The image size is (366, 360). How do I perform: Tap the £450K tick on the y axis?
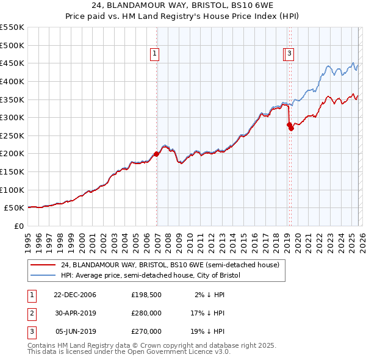click(12, 63)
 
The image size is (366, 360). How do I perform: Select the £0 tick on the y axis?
click(19, 226)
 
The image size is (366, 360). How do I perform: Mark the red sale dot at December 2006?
click(156, 154)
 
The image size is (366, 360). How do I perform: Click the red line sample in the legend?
click(43, 265)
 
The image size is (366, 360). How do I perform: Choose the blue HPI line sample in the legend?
click(43, 275)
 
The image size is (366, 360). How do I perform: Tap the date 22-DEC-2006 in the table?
click(75, 295)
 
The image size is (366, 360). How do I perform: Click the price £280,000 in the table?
click(146, 313)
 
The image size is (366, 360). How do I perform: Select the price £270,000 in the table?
click(146, 331)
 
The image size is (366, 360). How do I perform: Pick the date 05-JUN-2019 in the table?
click(75, 331)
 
